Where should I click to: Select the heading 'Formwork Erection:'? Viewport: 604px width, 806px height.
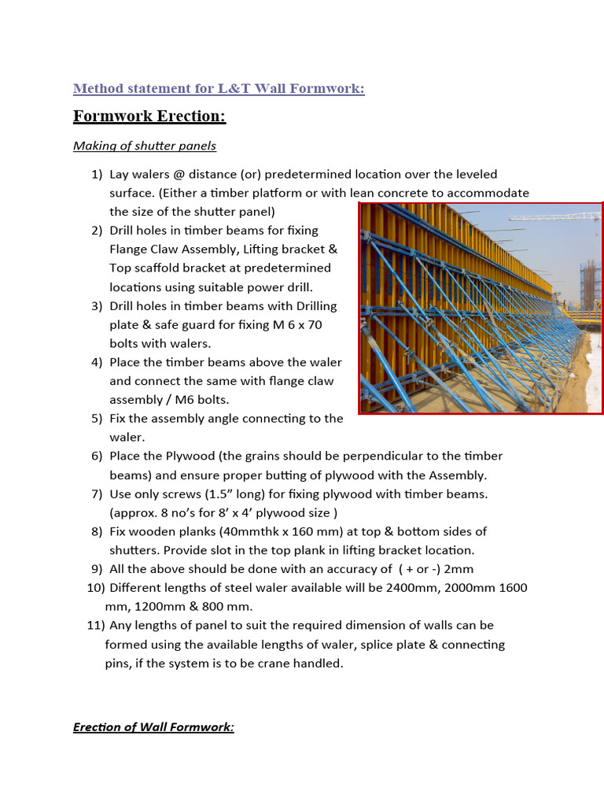pyautogui.click(x=149, y=116)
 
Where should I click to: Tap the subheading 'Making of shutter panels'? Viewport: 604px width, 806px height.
pyautogui.click(x=144, y=146)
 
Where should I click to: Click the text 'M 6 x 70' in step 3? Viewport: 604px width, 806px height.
pyautogui.click(x=296, y=324)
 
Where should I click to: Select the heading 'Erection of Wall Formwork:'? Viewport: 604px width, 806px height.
pyautogui.click(x=153, y=727)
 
